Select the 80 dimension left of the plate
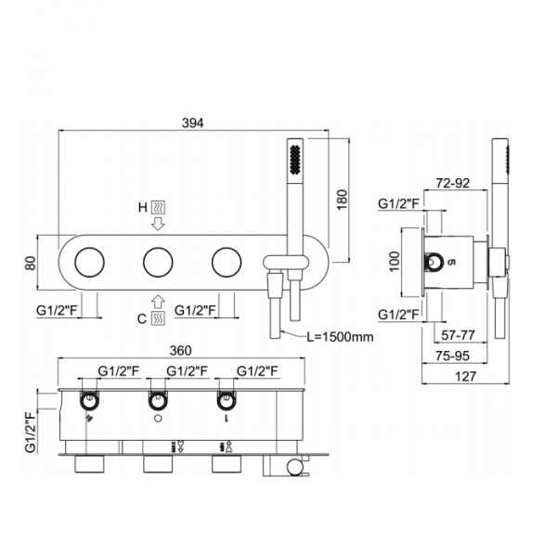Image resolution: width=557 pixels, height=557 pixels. [32, 263]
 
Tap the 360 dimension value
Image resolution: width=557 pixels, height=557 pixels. [181, 350]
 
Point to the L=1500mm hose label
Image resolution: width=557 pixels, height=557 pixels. [339, 336]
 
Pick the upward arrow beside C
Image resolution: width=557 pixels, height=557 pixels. [159, 301]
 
